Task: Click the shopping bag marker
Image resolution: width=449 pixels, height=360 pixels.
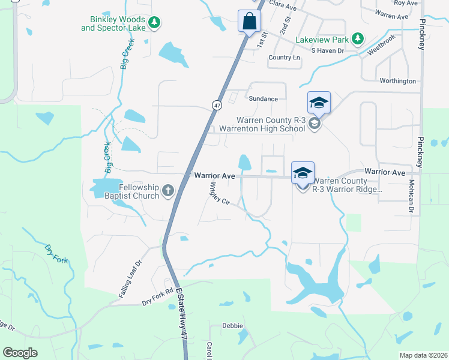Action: (249, 22)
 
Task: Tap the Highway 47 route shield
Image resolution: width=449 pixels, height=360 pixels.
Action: (216, 105)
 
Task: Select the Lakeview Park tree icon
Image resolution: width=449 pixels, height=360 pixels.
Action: (358, 39)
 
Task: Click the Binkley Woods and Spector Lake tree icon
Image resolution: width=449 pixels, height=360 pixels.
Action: (155, 23)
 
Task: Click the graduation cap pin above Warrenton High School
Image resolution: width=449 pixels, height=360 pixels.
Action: (319, 103)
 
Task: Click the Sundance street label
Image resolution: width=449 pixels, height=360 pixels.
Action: (264, 98)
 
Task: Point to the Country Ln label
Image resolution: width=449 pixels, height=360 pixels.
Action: (284, 58)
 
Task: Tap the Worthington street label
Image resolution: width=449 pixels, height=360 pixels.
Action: (397, 81)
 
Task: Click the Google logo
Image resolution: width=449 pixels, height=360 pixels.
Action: (20, 353)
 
